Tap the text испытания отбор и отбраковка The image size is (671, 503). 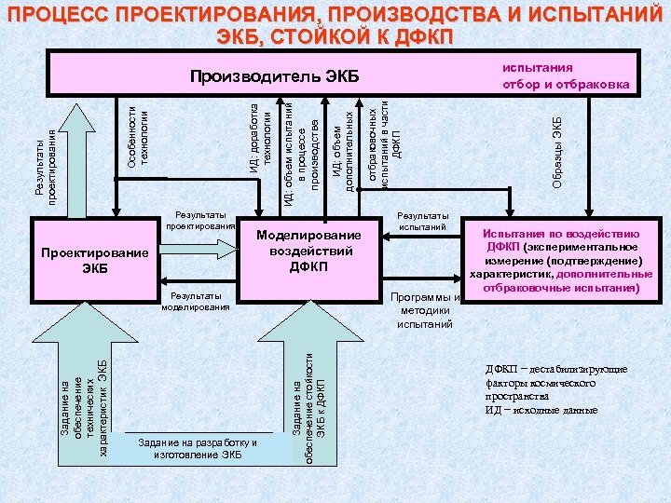pyautogui.click(x=566, y=76)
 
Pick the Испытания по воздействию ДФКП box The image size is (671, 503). pyautogui.click(x=560, y=260)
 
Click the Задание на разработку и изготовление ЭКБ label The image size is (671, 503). pyautogui.click(x=197, y=448)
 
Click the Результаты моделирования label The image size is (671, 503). pyautogui.click(x=199, y=300)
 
